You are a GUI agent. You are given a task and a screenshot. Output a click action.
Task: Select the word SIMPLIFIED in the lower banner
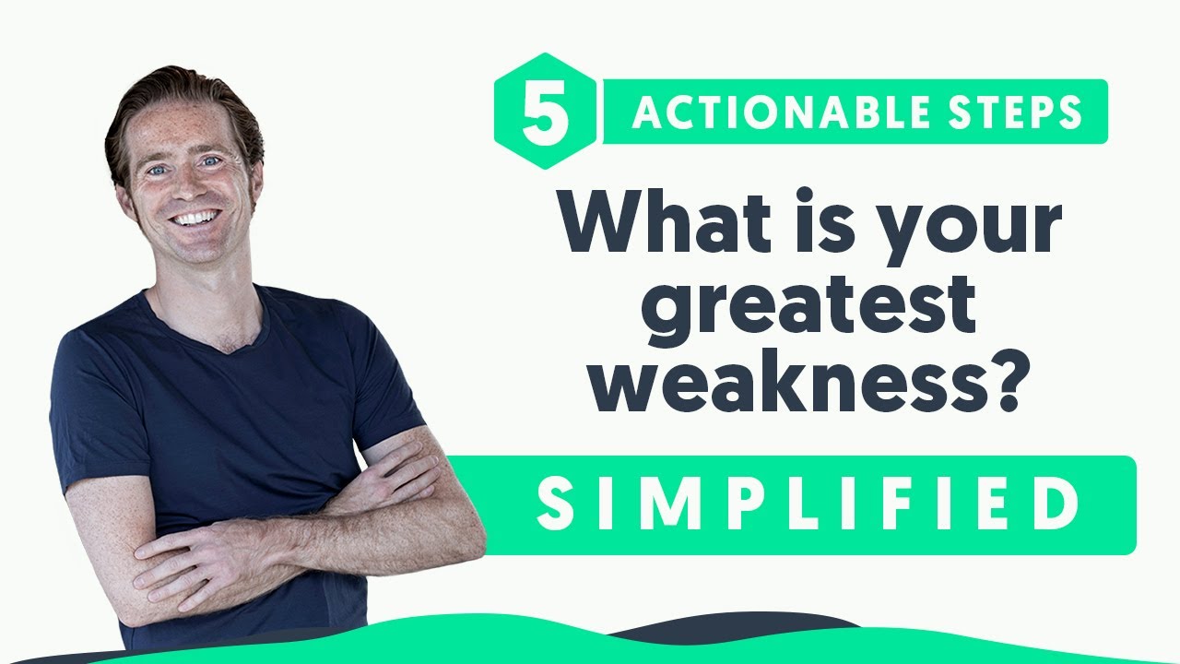coord(808,504)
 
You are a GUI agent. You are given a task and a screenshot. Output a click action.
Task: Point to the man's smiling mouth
coord(195,219)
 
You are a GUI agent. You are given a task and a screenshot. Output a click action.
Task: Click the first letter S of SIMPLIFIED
coord(555,504)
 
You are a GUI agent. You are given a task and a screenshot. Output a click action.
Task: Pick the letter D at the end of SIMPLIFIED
coord(1058,504)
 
